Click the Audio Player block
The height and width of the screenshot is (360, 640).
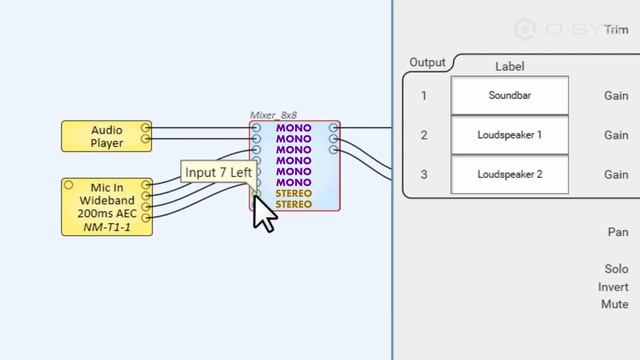(x=106, y=137)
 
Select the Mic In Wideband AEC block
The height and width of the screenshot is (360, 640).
(x=106, y=207)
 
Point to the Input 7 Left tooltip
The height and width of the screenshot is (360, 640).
(x=219, y=172)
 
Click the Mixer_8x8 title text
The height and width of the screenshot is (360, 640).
(x=275, y=116)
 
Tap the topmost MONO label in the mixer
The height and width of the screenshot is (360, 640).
(x=293, y=128)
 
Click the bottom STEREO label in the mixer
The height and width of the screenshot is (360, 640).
(x=293, y=204)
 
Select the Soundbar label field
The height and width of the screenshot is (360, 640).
(x=510, y=96)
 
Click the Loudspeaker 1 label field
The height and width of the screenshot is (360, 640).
(x=510, y=135)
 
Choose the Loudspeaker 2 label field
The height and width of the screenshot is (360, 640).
(x=510, y=174)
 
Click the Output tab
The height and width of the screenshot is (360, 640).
(x=427, y=63)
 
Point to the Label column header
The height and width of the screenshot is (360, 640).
(x=510, y=67)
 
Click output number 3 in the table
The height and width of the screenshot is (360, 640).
(x=424, y=175)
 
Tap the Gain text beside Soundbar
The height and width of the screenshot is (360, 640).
(x=616, y=96)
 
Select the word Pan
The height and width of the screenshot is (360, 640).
(x=618, y=232)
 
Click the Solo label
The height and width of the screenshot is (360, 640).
(x=616, y=270)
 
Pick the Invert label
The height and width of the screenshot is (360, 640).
(x=613, y=287)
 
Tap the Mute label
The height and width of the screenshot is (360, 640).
(x=615, y=304)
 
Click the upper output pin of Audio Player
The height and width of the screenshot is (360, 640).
(x=146, y=128)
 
